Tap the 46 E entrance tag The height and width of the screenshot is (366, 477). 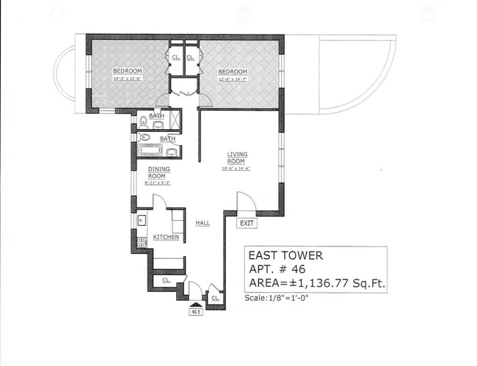click(196, 311)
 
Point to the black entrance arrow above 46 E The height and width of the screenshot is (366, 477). click(196, 301)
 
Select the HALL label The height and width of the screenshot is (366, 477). click(203, 223)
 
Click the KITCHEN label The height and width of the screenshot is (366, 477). click(166, 237)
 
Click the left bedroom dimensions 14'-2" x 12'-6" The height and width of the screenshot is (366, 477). click(126, 77)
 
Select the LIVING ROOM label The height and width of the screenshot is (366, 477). click(238, 158)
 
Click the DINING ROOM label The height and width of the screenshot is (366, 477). click(159, 172)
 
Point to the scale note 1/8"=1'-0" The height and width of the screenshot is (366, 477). click(282, 298)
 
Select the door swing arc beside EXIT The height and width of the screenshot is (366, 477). click(244, 200)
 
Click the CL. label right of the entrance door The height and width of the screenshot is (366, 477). click(215, 298)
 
